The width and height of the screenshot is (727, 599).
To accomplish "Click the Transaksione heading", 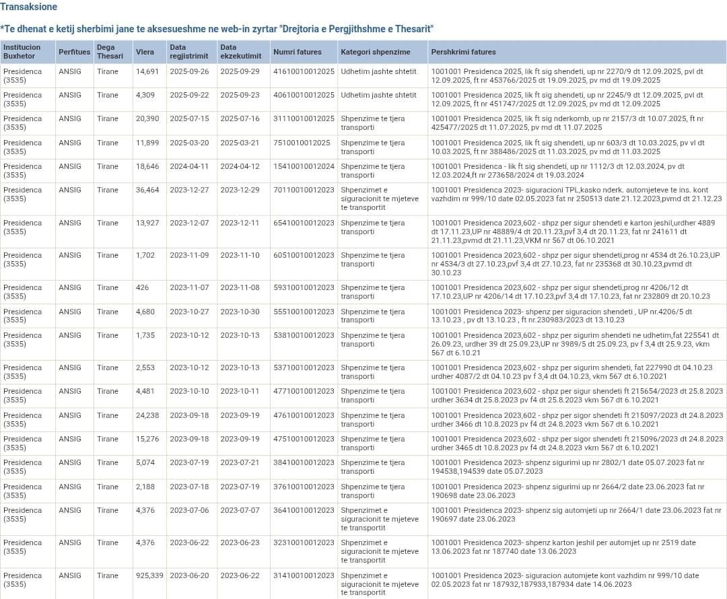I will (x=29, y=7).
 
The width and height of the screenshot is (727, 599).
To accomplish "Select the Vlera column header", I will (x=145, y=52).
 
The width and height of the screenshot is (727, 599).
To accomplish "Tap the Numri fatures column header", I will (x=298, y=52).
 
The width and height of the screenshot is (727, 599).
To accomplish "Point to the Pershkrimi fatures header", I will (x=463, y=52).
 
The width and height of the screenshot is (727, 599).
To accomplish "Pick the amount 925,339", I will (x=149, y=575).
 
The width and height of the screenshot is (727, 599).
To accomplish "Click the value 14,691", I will (x=147, y=71).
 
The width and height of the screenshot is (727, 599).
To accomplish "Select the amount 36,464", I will (x=147, y=190).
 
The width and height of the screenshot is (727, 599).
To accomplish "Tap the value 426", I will (x=143, y=287).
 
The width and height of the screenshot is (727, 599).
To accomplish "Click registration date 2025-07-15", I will (x=189, y=118).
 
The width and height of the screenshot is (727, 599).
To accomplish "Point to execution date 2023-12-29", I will (x=240, y=190).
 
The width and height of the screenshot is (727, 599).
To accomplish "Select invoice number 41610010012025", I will (x=304, y=71).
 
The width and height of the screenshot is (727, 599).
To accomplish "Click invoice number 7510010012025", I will (x=302, y=143).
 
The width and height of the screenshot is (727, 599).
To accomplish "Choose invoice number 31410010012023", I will (x=304, y=575).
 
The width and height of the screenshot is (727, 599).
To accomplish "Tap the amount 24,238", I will (x=147, y=415).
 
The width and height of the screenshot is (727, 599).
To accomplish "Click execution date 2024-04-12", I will (x=240, y=166).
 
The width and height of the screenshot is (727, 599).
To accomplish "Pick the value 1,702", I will (x=145, y=255).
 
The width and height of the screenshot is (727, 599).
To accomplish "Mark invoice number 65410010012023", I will (x=304, y=223).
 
